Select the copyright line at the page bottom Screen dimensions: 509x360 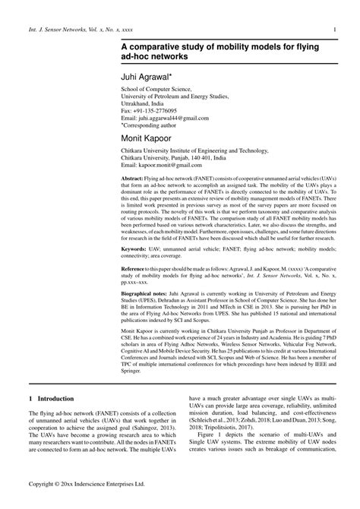(x=93, y=482)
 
